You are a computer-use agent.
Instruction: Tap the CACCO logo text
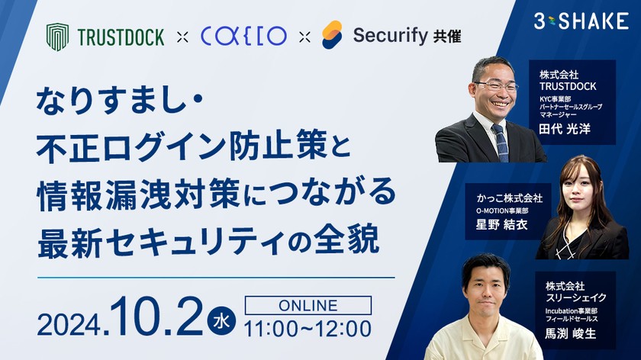[x=243, y=36]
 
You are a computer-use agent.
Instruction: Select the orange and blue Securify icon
[x=331, y=35]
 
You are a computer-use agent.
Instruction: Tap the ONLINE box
[x=308, y=305]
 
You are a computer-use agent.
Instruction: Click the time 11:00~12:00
[x=308, y=329]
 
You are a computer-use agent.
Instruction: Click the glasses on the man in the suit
[x=495, y=86]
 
